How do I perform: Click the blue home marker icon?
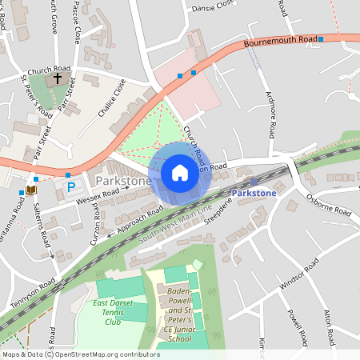180,173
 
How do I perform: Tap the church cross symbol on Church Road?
58,80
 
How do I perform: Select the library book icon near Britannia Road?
30,190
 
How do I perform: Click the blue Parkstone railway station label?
254,194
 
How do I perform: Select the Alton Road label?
350,325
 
